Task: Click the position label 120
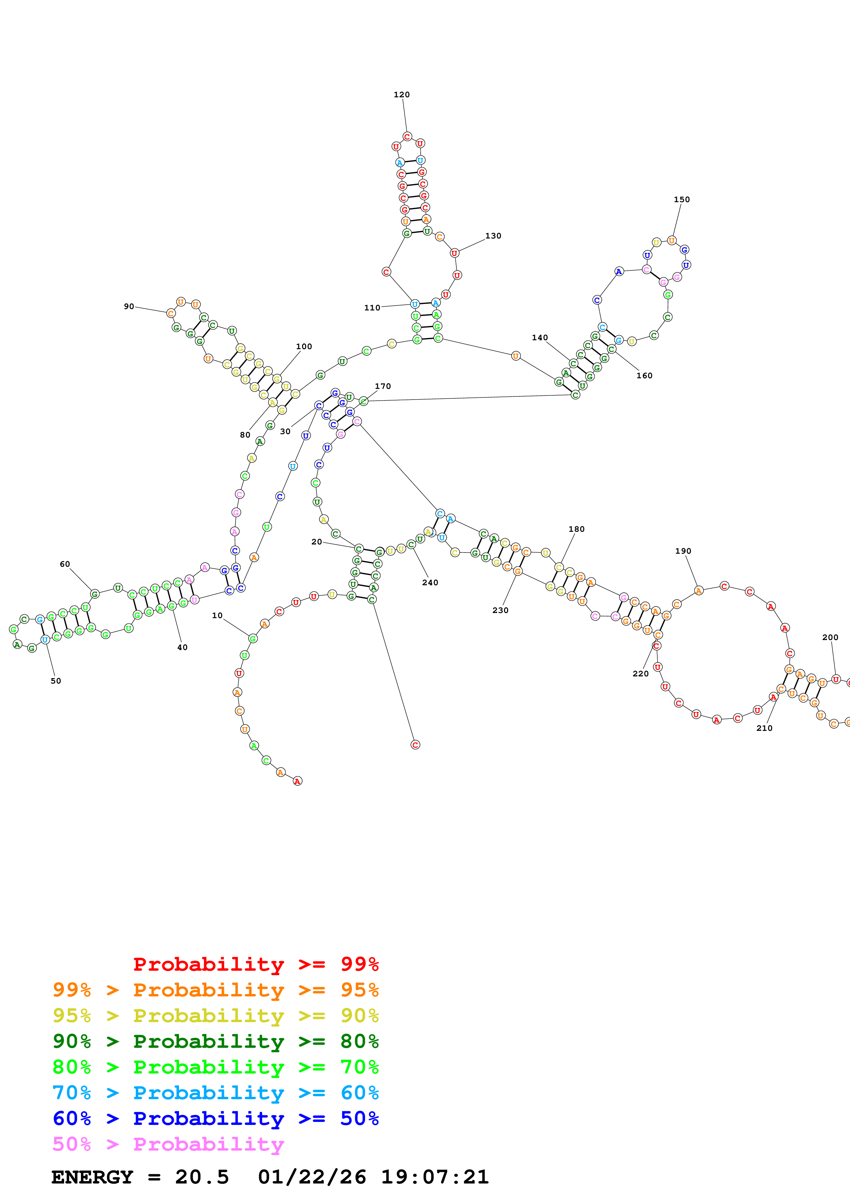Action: coord(402,95)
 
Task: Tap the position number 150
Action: coord(681,199)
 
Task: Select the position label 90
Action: coord(129,306)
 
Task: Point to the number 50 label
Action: coord(56,681)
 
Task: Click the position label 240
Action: coord(430,583)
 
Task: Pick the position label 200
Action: coord(830,637)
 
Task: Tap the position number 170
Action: coord(383,387)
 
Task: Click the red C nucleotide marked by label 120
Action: coord(407,137)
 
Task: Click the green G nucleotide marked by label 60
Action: coord(95,594)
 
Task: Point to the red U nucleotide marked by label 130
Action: coord(454,253)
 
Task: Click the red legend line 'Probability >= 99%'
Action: coord(255,964)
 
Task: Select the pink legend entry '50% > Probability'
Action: coord(168,1144)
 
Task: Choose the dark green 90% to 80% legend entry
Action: coord(216,1041)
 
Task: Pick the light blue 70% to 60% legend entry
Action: coord(216,1093)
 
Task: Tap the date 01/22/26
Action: coord(312,1177)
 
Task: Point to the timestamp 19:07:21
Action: coord(435,1177)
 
